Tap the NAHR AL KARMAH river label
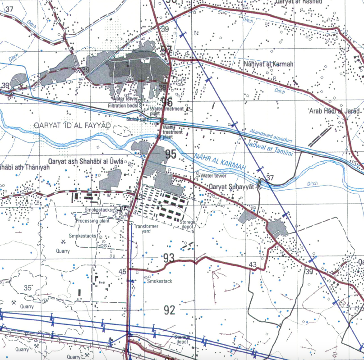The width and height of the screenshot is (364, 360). (220, 162)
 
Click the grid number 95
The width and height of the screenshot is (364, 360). (170, 155)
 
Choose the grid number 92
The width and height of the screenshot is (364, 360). (170, 310)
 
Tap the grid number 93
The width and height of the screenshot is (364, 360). (169, 258)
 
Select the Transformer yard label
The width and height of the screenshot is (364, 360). (146, 228)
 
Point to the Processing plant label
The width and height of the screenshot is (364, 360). (93, 221)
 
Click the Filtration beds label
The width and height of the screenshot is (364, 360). (122, 105)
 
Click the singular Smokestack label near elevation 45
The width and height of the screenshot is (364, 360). (160, 281)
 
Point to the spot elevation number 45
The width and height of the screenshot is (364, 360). (123, 271)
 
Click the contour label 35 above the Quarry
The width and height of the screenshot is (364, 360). (28, 287)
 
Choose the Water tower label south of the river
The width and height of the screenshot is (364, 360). (214, 176)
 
